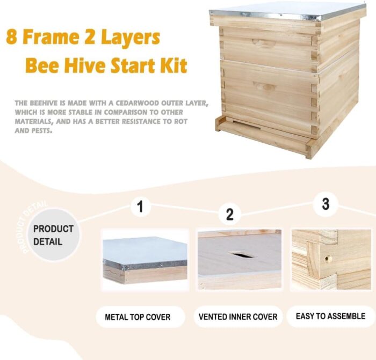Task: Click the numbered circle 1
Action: [141, 207]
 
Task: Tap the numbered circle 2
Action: [229, 214]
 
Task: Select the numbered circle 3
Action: [326, 204]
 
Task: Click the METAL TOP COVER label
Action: [138, 317]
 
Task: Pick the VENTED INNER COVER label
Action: [238, 317]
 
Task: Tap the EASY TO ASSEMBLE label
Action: [330, 316]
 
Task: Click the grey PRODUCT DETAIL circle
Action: [53, 235]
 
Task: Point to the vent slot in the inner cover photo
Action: [242, 254]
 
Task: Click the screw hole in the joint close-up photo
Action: [327, 258]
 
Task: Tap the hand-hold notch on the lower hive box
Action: [265, 86]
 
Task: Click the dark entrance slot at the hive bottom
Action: [246, 125]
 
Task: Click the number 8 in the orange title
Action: [11, 37]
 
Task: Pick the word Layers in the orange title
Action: [131, 38]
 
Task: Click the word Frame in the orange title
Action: [50, 37]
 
